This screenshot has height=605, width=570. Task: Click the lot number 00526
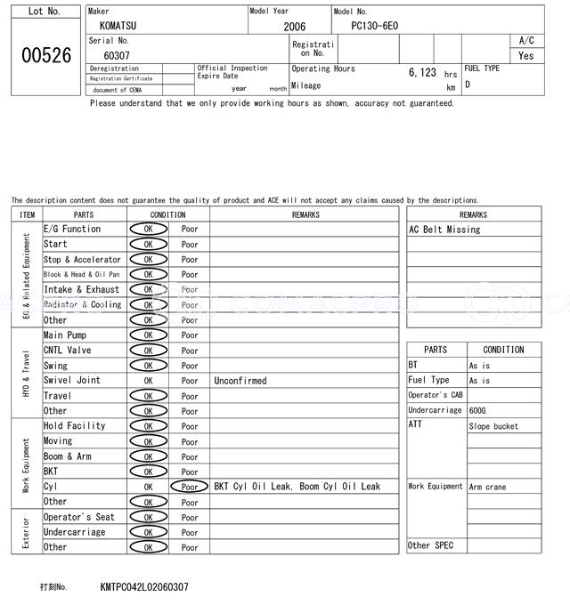(x=45, y=55)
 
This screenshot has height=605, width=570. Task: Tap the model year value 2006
(x=294, y=27)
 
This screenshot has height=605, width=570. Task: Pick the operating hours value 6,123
(x=422, y=73)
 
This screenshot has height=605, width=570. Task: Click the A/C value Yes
(x=526, y=55)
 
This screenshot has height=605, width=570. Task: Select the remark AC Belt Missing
(x=444, y=230)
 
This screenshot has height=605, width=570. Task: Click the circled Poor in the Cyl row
(x=190, y=487)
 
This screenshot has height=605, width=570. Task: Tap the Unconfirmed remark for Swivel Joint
(x=240, y=381)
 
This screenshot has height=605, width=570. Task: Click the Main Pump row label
(x=65, y=335)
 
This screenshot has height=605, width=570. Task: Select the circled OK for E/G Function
(x=148, y=230)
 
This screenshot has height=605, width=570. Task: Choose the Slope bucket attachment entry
(x=493, y=426)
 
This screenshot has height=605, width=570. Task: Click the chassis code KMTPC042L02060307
(x=144, y=587)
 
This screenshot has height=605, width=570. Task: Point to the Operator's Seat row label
(x=78, y=517)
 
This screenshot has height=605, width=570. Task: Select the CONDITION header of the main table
(x=167, y=214)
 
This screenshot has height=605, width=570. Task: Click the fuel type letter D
(x=468, y=85)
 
